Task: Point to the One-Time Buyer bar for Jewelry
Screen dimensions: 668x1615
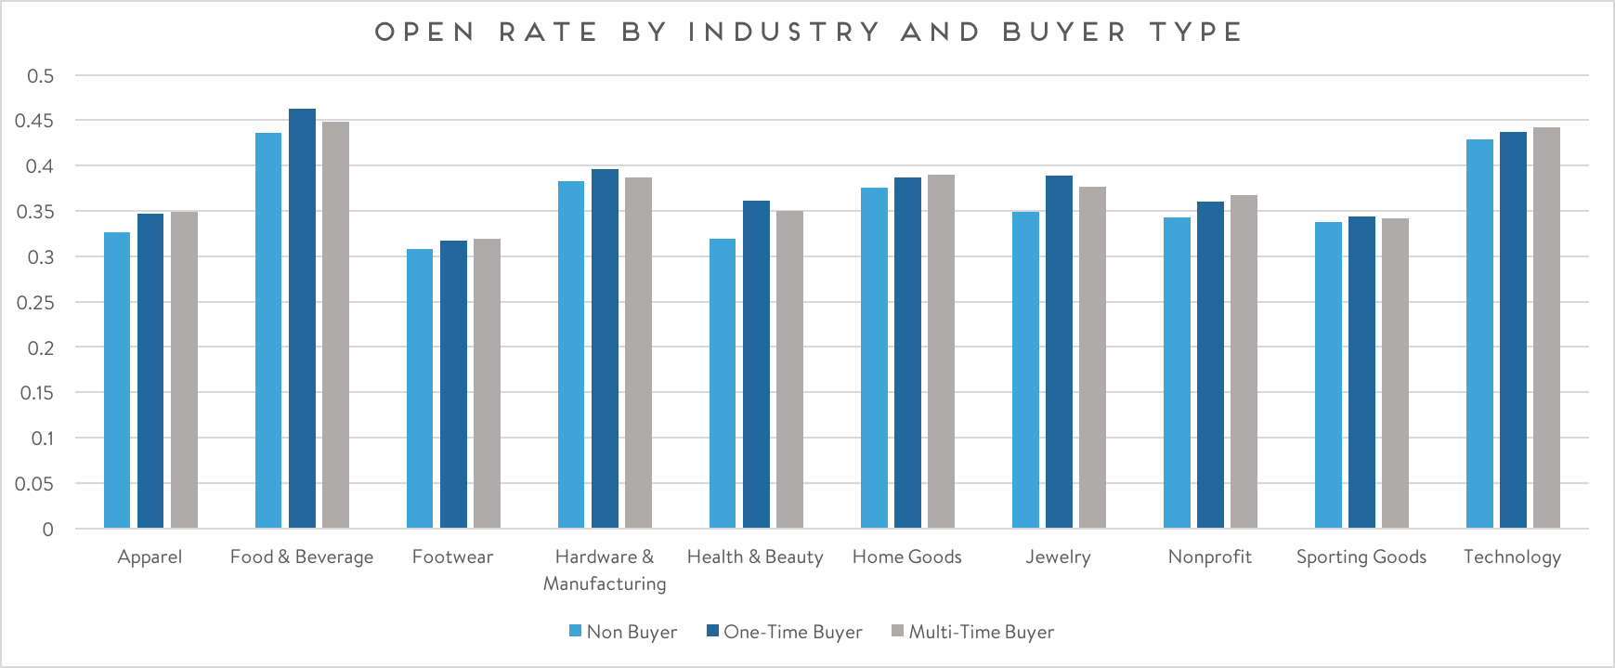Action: coord(1059,352)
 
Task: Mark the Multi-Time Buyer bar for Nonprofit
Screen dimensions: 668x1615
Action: coord(1244,361)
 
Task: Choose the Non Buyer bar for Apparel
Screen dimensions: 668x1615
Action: coord(117,380)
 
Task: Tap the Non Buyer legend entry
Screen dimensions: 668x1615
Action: coord(623,632)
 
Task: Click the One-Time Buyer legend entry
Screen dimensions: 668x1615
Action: coord(785,632)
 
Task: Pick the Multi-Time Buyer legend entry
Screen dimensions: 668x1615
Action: coord(972,632)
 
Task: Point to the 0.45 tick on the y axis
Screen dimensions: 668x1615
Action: coord(34,121)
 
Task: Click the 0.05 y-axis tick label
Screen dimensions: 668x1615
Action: coord(34,483)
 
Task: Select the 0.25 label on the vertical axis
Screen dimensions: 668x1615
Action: coord(34,302)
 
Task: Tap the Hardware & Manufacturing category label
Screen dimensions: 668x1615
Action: coord(605,570)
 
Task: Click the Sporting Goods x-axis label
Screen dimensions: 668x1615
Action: coord(1361,557)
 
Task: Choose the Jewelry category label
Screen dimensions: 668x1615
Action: coord(1058,557)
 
